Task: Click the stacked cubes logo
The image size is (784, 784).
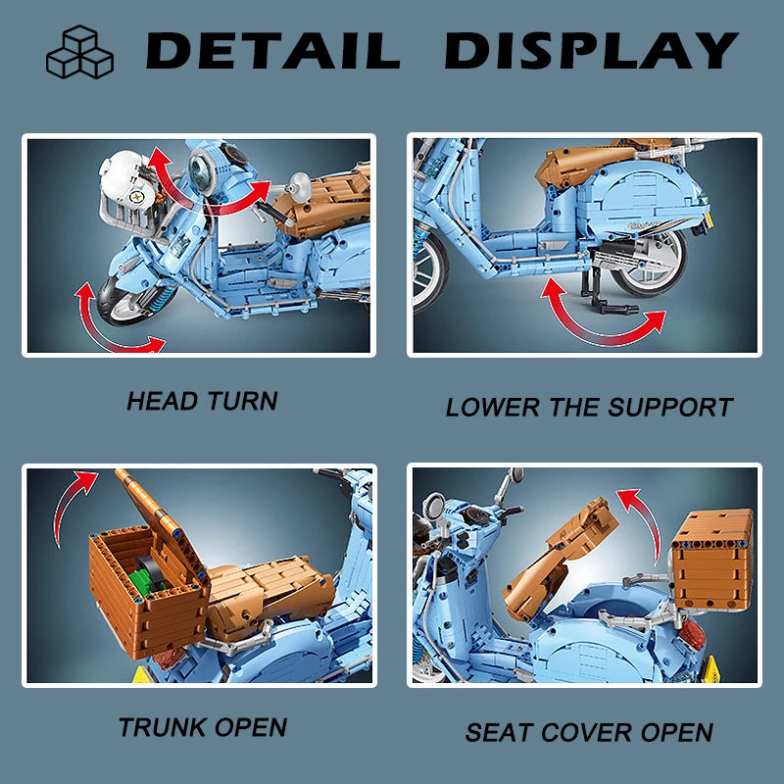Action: pos(79,52)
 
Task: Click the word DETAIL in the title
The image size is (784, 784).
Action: pos(273,51)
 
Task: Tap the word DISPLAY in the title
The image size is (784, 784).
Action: pos(592,51)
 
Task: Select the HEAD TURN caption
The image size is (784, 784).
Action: pos(202,401)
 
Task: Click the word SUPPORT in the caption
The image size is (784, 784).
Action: pos(670,407)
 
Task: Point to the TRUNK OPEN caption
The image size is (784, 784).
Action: pos(203,727)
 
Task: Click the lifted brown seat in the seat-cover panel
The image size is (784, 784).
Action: pos(560,555)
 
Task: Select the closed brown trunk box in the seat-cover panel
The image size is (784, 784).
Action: pos(712,559)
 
